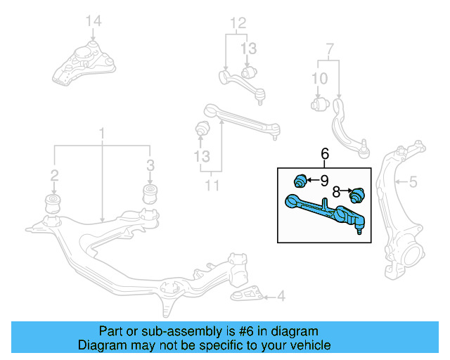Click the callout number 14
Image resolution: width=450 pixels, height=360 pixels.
[x=94, y=22]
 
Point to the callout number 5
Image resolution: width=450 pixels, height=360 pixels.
[x=413, y=183]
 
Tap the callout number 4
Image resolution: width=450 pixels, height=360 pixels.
[x=281, y=297]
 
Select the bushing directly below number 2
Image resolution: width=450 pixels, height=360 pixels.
[x=53, y=203]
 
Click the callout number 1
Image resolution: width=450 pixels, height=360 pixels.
[x=102, y=133]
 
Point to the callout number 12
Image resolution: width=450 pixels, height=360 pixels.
[x=240, y=23]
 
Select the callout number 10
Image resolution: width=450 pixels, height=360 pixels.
[x=319, y=78]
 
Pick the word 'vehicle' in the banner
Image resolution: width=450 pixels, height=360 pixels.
[x=307, y=345]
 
